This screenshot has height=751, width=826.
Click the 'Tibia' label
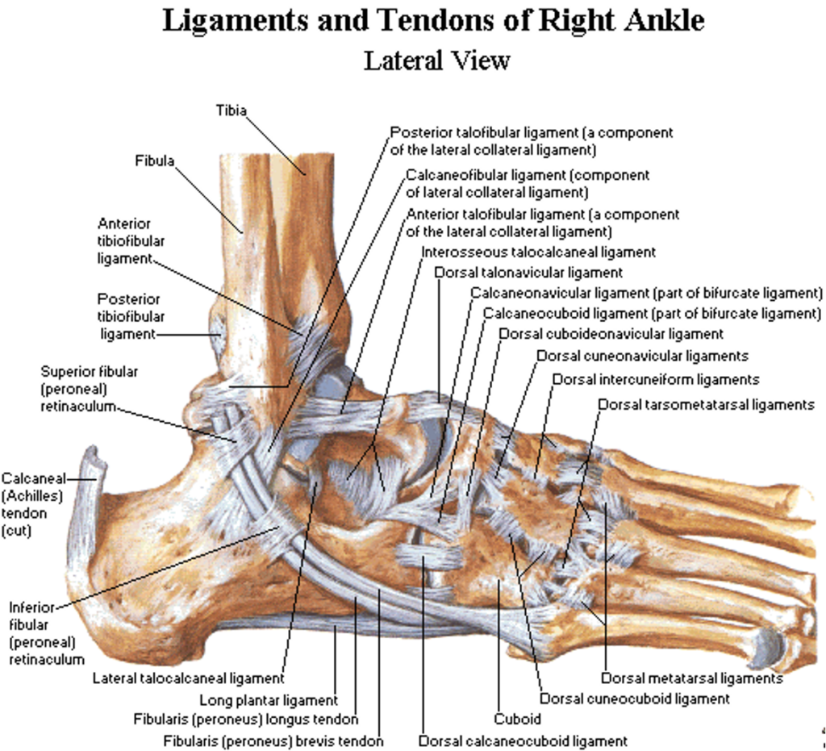click(x=231, y=110)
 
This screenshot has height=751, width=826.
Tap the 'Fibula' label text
click(x=154, y=161)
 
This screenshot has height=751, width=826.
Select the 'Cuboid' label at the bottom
click(x=517, y=718)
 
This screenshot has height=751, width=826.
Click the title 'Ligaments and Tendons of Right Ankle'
click(x=434, y=21)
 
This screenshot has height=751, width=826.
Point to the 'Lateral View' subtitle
click(x=437, y=60)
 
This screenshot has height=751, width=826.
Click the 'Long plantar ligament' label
click(x=269, y=700)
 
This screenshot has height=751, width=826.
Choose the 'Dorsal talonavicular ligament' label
click(x=528, y=273)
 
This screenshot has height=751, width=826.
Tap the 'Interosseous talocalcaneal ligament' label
click(x=538, y=252)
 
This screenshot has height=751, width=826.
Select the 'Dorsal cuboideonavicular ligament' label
click(x=611, y=333)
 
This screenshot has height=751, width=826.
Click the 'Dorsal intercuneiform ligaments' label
click(x=656, y=379)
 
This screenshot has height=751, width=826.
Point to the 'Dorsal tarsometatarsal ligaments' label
click(x=707, y=405)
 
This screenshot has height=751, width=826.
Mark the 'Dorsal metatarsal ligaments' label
click(x=692, y=678)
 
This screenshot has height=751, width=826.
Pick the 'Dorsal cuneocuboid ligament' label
click(x=635, y=699)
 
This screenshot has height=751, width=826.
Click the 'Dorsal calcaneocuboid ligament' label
click(x=523, y=740)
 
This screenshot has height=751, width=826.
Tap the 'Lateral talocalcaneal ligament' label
click(x=188, y=678)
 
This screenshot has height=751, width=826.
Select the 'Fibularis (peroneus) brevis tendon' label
click(x=273, y=740)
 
